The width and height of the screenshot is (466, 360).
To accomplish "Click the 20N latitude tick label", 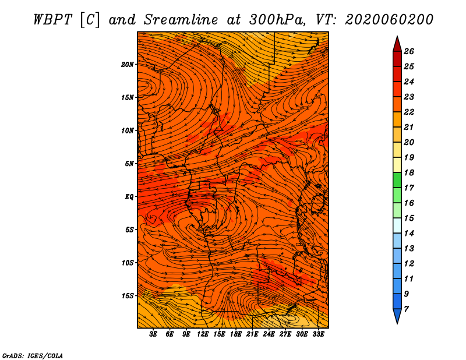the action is (128, 65).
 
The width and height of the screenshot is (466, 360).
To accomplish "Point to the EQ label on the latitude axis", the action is (129, 197).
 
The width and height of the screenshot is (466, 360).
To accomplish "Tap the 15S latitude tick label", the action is (128, 296).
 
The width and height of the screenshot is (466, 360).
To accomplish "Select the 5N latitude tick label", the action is (129, 164).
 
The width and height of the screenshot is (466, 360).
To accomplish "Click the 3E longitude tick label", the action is (153, 334).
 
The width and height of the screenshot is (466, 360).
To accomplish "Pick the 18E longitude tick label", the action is (236, 334).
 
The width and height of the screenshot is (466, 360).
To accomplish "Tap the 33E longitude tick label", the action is (318, 334).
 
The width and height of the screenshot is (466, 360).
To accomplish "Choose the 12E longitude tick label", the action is (203, 334).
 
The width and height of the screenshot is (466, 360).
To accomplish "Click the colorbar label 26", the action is (409, 51).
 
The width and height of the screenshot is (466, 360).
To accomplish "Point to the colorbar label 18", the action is (409, 172).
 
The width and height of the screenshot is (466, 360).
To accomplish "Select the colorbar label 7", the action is (406, 309).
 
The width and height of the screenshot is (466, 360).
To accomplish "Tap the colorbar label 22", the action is (409, 112).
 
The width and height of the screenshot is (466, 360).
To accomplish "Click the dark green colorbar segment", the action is (397, 180).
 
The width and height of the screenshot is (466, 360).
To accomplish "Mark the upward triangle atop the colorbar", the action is (397, 44).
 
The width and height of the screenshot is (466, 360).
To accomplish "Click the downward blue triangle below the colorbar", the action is (397, 316).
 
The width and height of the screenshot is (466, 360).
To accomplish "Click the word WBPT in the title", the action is (52, 20).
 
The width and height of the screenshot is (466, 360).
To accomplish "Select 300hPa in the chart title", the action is (277, 20).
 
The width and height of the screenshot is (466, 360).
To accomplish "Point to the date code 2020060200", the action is (389, 20).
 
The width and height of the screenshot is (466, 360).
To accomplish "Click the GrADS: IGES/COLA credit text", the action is (33, 355).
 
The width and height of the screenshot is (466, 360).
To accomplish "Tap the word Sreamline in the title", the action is (181, 20).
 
